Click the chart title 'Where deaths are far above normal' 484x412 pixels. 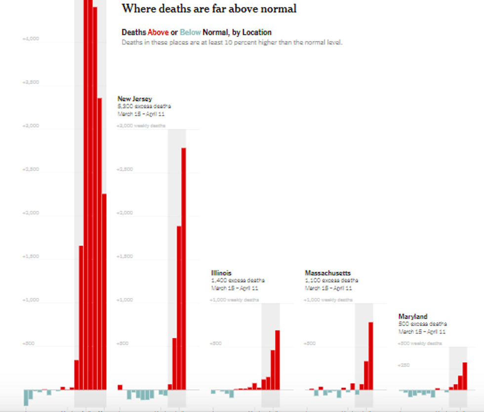click(x=209, y=8)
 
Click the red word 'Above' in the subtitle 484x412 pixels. click(x=158, y=33)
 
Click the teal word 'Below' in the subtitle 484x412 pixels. click(x=191, y=33)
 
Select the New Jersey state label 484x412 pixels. click(x=135, y=99)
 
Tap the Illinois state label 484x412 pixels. click(x=221, y=273)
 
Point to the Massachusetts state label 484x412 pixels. click(x=328, y=273)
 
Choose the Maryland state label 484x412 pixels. click(x=413, y=316)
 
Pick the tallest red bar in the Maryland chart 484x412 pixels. click(x=465, y=376)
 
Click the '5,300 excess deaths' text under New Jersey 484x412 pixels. click(x=144, y=106)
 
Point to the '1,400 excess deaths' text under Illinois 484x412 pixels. click(x=238, y=280)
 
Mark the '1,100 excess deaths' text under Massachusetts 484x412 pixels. click(x=331, y=280)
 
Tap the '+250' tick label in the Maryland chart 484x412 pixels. click(x=404, y=365)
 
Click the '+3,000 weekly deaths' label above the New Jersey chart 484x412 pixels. click(x=141, y=125)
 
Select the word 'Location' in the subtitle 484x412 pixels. click(x=257, y=33)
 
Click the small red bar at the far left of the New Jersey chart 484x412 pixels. click(x=120, y=387)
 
